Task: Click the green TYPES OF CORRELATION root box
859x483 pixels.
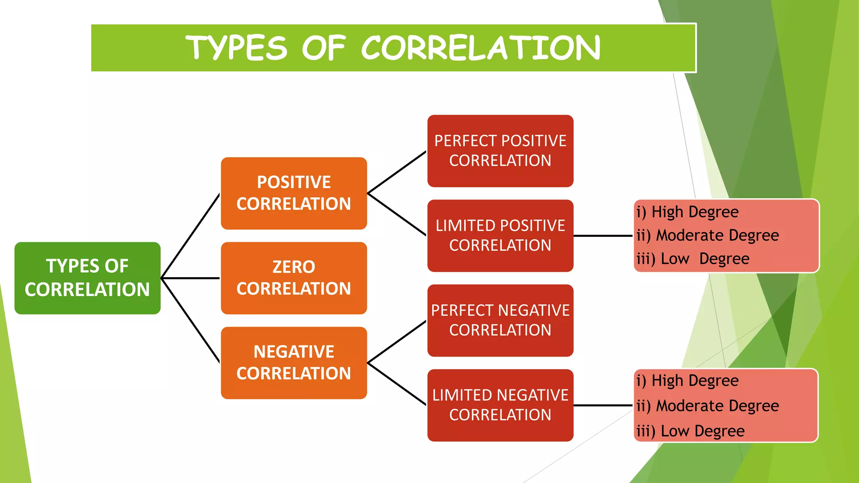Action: point(87,278)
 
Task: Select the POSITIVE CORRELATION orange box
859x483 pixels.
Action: point(294,193)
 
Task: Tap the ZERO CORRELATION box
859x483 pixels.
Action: point(294,278)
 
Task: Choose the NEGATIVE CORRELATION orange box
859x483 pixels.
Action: point(294,363)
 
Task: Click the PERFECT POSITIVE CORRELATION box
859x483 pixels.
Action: point(500,151)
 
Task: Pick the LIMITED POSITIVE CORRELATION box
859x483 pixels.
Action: point(500,236)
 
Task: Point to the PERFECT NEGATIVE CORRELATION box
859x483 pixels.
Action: point(500,320)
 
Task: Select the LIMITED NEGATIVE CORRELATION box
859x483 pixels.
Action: point(500,405)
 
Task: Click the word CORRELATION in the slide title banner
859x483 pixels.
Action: point(481,48)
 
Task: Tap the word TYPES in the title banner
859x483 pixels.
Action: point(237,48)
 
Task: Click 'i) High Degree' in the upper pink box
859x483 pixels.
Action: point(688,212)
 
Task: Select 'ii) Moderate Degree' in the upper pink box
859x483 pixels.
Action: point(708,236)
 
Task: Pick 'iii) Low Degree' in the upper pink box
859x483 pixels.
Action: point(693,259)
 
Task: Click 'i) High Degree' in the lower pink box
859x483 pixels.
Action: point(688,381)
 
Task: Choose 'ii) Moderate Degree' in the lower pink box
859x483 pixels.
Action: point(708,406)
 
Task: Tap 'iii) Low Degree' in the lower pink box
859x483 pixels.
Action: point(691,431)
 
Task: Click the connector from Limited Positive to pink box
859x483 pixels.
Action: point(603,236)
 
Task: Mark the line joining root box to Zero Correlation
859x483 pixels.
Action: point(191,278)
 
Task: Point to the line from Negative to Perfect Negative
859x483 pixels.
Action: point(397,342)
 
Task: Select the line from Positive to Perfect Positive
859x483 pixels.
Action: point(397,172)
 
